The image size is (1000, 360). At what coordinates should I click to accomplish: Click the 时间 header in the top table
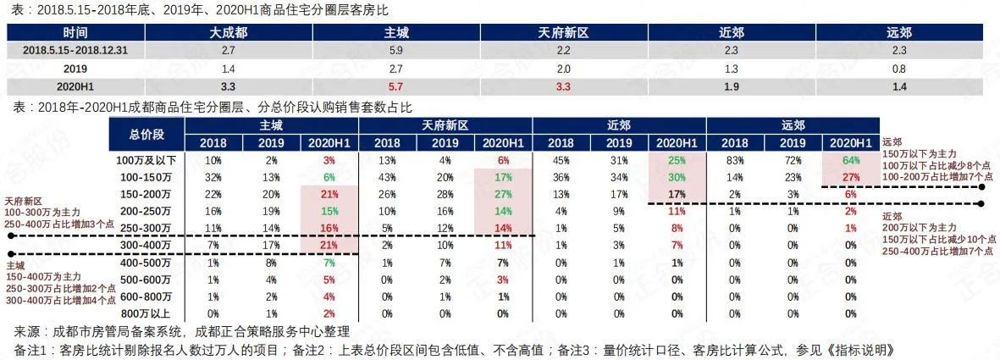click(x=75, y=33)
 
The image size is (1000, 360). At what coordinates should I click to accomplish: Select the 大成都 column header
click(x=229, y=33)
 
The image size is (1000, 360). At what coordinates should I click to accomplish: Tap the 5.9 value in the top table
click(x=396, y=51)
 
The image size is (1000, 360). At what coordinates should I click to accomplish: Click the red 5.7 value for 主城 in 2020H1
click(x=396, y=86)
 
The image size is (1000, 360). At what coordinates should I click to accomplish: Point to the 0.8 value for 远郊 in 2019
click(x=899, y=69)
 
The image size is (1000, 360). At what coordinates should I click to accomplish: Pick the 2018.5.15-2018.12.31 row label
click(x=75, y=51)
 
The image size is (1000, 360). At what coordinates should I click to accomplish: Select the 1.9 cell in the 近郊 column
click(x=732, y=86)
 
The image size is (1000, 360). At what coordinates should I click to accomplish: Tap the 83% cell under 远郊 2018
click(x=735, y=160)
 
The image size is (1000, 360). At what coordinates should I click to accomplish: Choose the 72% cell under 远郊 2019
click(x=793, y=160)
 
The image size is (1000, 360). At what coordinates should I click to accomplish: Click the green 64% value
click(x=851, y=160)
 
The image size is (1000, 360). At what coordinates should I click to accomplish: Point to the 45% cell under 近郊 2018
click(x=561, y=160)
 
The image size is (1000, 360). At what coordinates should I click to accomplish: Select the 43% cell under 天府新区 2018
click(x=388, y=177)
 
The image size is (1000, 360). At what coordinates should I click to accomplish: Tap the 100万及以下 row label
click(x=147, y=160)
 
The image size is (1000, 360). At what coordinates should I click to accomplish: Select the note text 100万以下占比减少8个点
click(x=931, y=166)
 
